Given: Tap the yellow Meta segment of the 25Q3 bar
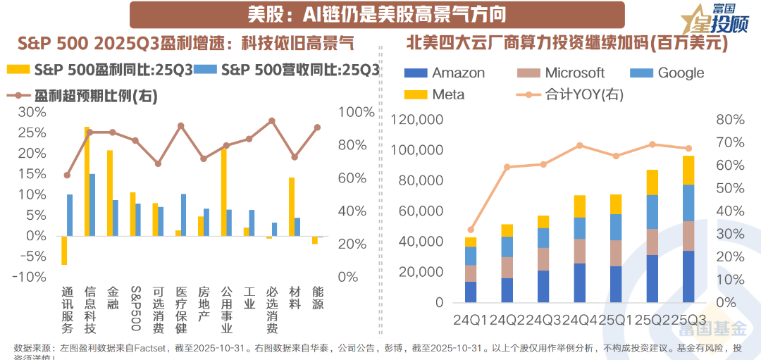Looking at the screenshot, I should [688, 170].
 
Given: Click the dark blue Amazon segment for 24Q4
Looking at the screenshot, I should [579, 283].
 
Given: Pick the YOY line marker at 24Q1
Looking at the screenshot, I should [471, 230].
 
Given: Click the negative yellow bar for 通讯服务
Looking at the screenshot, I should [64, 250].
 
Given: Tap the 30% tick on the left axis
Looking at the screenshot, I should [33, 112].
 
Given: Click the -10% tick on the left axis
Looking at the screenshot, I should [31, 277].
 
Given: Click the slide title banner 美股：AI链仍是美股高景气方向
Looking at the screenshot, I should [376, 14].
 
